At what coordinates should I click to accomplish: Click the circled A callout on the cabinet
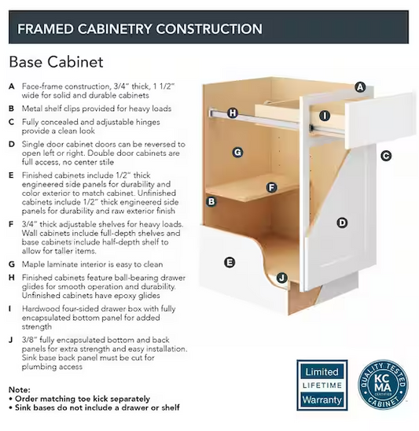coord(360,87)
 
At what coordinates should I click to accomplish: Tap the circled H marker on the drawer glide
coord(233,112)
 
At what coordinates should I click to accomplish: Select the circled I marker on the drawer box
coord(325,116)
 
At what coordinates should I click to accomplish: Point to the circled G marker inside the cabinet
coord(237,152)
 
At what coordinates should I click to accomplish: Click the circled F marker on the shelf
coord(271,188)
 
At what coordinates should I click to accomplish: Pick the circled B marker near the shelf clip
coord(211,201)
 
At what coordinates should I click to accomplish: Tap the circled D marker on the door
coord(342,223)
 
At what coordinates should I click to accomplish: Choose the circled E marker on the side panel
coord(230,262)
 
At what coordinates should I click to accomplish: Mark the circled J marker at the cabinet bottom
coord(281,278)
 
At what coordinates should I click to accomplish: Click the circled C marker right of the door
coord(386,157)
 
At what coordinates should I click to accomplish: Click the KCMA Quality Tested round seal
coord(383,385)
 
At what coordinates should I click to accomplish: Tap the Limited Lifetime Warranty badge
coord(322,385)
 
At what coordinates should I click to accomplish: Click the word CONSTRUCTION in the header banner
coord(209,29)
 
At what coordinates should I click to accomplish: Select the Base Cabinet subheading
coord(56,62)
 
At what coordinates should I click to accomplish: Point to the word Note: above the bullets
coord(20,390)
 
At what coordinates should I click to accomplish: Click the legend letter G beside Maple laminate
coord(12,264)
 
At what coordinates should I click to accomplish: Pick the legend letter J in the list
coord(11,341)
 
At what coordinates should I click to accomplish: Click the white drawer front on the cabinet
coord(379,120)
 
